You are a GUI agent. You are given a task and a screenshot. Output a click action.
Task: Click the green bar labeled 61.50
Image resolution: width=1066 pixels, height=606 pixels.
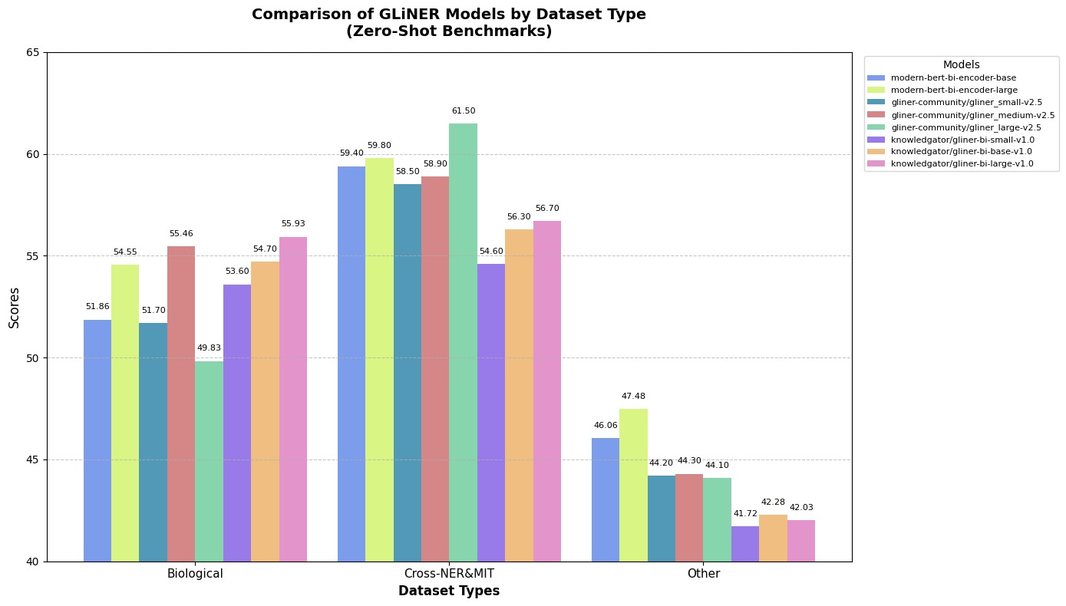(x=463, y=342)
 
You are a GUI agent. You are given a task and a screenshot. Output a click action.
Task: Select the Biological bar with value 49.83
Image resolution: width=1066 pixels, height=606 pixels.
(x=209, y=461)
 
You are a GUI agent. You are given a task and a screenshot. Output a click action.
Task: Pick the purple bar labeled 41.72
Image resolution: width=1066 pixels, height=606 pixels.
(x=744, y=544)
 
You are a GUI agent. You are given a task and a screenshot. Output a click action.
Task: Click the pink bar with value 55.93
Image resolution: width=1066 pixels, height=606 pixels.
(x=293, y=399)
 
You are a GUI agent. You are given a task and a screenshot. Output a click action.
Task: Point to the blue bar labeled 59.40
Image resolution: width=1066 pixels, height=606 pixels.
(x=351, y=364)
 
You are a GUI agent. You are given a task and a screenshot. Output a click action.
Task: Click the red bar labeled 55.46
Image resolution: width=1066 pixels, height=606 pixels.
(x=181, y=403)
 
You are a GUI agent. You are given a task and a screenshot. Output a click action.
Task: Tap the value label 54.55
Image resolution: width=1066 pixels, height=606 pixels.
(x=125, y=252)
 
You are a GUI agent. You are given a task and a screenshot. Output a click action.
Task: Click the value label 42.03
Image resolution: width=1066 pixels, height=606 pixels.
(x=801, y=508)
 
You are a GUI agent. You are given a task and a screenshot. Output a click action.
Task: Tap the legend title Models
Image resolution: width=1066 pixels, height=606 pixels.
(x=961, y=65)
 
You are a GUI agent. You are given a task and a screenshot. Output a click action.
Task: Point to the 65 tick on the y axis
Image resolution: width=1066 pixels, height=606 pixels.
(x=33, y=52)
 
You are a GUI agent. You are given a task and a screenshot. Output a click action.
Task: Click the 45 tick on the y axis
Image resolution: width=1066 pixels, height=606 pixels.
(x=33, y=459)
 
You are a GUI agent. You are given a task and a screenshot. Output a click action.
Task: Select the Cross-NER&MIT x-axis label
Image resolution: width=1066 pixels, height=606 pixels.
(x=449, y=574)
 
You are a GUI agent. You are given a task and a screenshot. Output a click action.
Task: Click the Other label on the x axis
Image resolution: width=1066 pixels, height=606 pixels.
(x=703, y=574)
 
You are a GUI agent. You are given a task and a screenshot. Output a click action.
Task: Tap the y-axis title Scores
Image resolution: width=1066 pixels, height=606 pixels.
(x=15, y=308)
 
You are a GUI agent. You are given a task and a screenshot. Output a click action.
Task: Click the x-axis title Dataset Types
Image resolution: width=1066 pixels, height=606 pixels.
(x=449, y=591)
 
